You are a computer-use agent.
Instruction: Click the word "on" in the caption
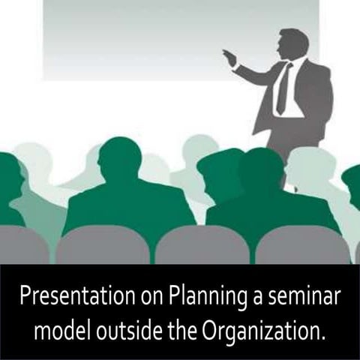(x=130, y=295)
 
